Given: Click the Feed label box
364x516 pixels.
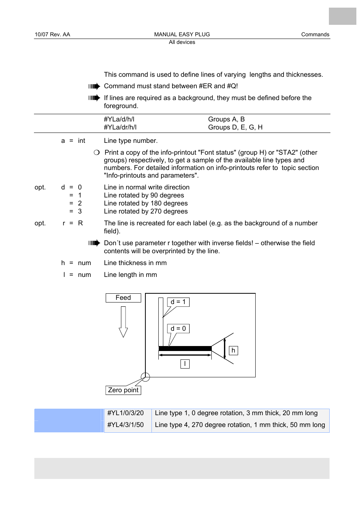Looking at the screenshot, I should click(x=123, y=298).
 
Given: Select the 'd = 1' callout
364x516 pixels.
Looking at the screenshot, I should click(x=178, y=302).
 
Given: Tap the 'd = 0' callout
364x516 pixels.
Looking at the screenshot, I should click(x=178, y=328).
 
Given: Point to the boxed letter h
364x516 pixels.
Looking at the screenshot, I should click(x=233, y=351).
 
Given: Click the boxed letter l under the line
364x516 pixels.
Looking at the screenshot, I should click(x=185, y=364).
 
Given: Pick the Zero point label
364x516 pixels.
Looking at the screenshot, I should click(x=123, y=390).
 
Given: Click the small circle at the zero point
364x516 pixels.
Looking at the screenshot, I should click(x=145, y=377).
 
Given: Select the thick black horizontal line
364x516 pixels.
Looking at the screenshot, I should click(x=185, y=348).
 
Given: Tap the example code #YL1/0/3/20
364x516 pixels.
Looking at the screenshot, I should click(x=126, y=413).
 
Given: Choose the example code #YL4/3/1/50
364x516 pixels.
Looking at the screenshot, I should click(x=126, y=425).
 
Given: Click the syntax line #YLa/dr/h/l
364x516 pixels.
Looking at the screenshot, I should click(x=120, y=128).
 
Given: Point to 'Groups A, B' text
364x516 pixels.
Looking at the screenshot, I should click(x=226, y=120).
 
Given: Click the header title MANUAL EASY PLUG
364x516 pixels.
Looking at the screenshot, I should click(x=182, y=34).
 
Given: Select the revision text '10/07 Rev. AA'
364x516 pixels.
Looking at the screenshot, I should click(x=52, y=34).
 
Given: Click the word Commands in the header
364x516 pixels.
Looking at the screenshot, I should click(x=315, y=34).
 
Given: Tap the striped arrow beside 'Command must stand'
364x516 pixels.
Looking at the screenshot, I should click(x=94, y=86).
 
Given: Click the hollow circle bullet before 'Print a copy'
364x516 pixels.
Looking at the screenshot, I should click(x=97, y=152).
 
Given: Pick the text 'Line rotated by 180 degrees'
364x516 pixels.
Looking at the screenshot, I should click(x=146, y=204).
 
